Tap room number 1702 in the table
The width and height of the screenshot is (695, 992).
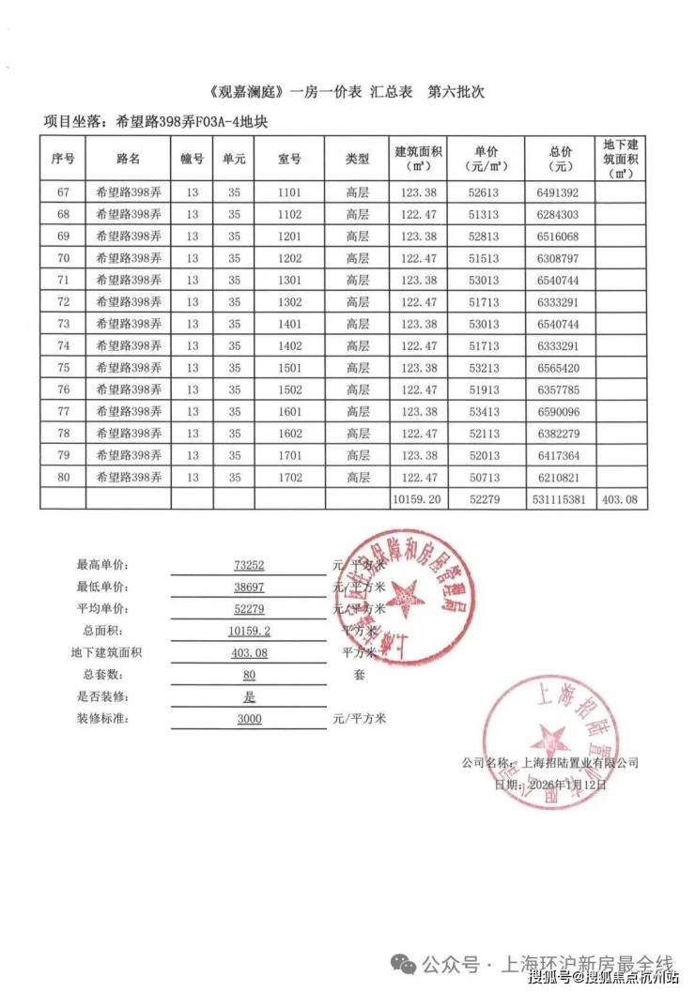coord(289,478)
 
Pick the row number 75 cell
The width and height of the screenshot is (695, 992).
coord(63,368)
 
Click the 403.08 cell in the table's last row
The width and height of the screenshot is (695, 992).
coord(620,500)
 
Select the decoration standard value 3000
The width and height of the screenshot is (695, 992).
coord(249,719)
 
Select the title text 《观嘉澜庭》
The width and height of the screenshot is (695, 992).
coord(247,94)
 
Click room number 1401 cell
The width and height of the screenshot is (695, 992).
coord(289,324)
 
